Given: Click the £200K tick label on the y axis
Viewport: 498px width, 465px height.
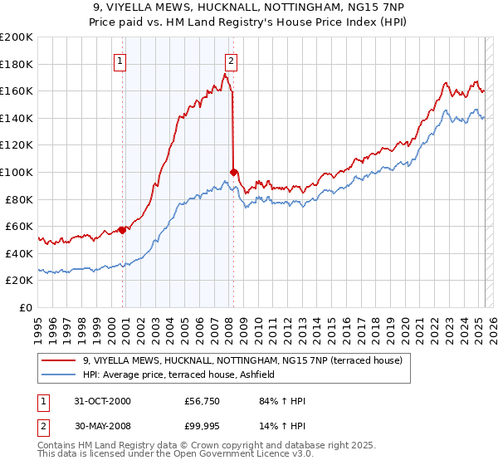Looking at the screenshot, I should [x=17, y=37].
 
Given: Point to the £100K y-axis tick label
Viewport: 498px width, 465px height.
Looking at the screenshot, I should [x=17, y=173].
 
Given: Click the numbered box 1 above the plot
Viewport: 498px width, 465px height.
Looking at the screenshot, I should [x=120, y=60].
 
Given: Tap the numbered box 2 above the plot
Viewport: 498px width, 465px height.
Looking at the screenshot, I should [x=230, y=60].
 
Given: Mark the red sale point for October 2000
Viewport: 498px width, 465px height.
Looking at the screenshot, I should [x=123, y=230].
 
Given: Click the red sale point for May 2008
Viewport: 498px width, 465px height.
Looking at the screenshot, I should [x=234, y=172].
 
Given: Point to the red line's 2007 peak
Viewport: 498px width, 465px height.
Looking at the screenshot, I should [x=225, y=75].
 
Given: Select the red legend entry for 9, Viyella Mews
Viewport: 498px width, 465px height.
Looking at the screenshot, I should [x=242, y=360].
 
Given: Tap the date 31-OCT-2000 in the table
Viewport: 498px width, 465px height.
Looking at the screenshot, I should [x=101, y=401].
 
